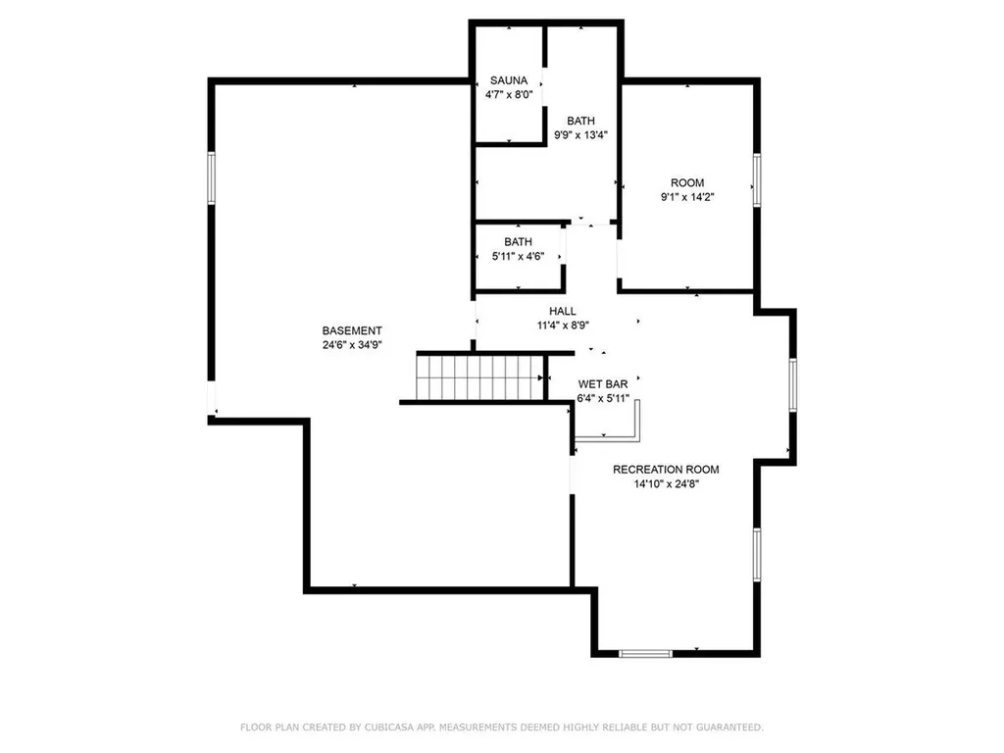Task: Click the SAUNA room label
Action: point(509,80)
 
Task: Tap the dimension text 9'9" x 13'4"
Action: point(580,136)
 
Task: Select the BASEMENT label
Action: point(352,330)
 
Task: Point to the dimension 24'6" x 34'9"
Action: point(352,345)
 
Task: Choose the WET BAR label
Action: point(603,384)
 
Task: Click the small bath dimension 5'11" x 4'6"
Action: point(518,257)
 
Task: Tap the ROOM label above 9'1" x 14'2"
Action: point(687,182)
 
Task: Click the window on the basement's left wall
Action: point(211,178)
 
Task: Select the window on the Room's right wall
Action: point(757,180)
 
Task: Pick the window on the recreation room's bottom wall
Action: point(646,653)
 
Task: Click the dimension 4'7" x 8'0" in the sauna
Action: point(509,95)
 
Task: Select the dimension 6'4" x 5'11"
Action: point(603,399)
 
